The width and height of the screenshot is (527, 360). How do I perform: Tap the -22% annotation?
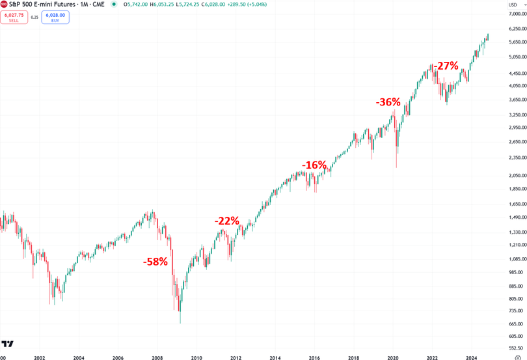click(227, 221)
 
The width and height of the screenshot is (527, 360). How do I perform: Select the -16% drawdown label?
click(314, 165)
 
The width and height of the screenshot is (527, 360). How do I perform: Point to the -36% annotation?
click(388, 102)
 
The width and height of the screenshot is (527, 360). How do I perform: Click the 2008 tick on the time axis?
click(157, 357)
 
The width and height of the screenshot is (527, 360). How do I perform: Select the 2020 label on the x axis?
click(393, 357)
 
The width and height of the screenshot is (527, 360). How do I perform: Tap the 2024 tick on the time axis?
click(472, 357)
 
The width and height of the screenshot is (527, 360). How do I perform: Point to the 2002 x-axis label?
click(39, 357)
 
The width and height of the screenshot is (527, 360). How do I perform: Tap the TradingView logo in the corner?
click(8, 344)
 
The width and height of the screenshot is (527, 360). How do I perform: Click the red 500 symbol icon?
click(4, 4)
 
